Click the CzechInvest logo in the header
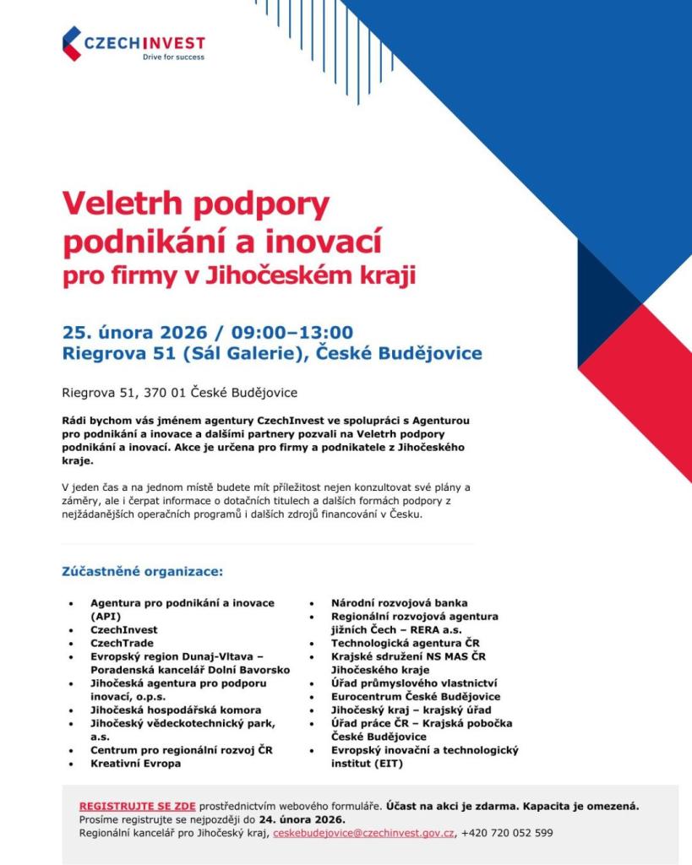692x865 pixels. point(133,43)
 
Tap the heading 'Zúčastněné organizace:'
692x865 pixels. point(142,572)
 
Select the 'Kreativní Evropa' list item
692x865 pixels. point(135,763)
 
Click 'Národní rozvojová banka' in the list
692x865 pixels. point(395,603)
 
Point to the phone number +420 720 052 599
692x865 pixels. point(507,832)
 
